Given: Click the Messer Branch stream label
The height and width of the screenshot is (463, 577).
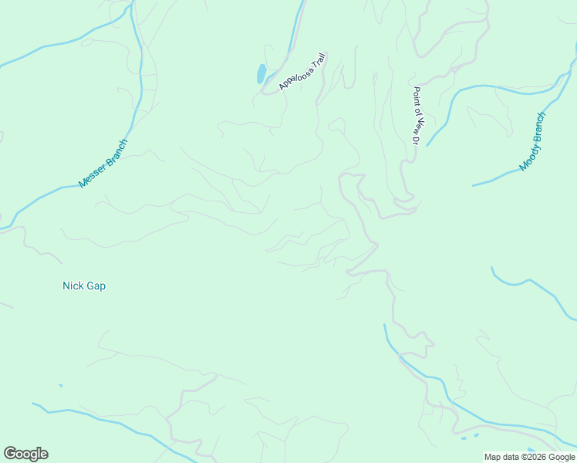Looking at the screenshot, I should click(x=103, y=164).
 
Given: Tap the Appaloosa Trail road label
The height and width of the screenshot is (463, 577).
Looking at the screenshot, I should click(x=303, y=72).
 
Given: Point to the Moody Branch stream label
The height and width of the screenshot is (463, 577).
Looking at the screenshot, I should click(x=532, y=142).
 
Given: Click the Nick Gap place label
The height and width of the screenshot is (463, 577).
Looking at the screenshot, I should click(x=84, y=286).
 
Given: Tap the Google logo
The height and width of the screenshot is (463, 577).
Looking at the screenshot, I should click(x=25, y=454).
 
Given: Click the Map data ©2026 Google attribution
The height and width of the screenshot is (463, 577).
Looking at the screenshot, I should click(x=530, y=457).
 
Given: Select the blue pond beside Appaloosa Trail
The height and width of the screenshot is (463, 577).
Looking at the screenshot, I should click(x=262, y=74).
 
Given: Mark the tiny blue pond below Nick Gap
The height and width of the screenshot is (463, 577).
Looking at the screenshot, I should click(x=60, y=385).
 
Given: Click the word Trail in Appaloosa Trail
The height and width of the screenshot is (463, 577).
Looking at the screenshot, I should click(x=318, y=61).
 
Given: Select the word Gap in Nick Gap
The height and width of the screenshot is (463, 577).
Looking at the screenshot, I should click(x=96, y=286).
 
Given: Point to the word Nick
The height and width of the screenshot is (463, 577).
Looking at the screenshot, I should click(x=73, y=286).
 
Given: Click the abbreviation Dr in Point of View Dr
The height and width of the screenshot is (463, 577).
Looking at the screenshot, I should click(x=414, y=140).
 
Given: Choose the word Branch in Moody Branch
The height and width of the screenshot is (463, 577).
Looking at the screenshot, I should click(x=537, y=130).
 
